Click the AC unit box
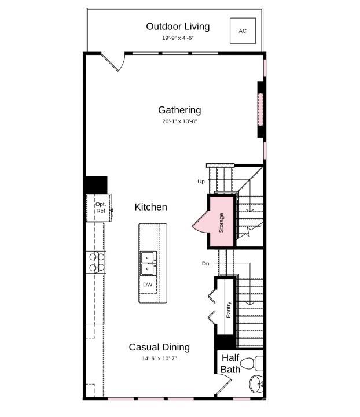pyautogui.click(x=243, y=31)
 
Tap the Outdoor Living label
pyautogui.click(x=178, y=27)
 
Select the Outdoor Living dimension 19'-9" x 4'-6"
pyautogui.click(x=178, y=38)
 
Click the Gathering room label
pyautogui.click(x=179, y=110)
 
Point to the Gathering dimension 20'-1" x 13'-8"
pyautogui.click(x=179, y=122)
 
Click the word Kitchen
pyautogui.click(x=151, y=207)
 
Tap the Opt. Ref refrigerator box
pyautogui.click(x=99, y=208)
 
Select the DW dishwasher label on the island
pyautogui.click(x=148, y=285)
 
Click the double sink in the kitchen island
pyautogui.click(x=148, y=263)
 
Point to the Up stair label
pyautogui.click(x=201, y=182)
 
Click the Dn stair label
pyautogui.click(x=205, y=264)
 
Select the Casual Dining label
pyautogui.click(x=159, y=347)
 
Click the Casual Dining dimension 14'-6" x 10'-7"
pyautogui.click(x=159, y=359)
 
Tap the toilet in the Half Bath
pyautogui.click(x=251, y=364)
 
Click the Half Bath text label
pyautogui.click(x=230, y=364)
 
